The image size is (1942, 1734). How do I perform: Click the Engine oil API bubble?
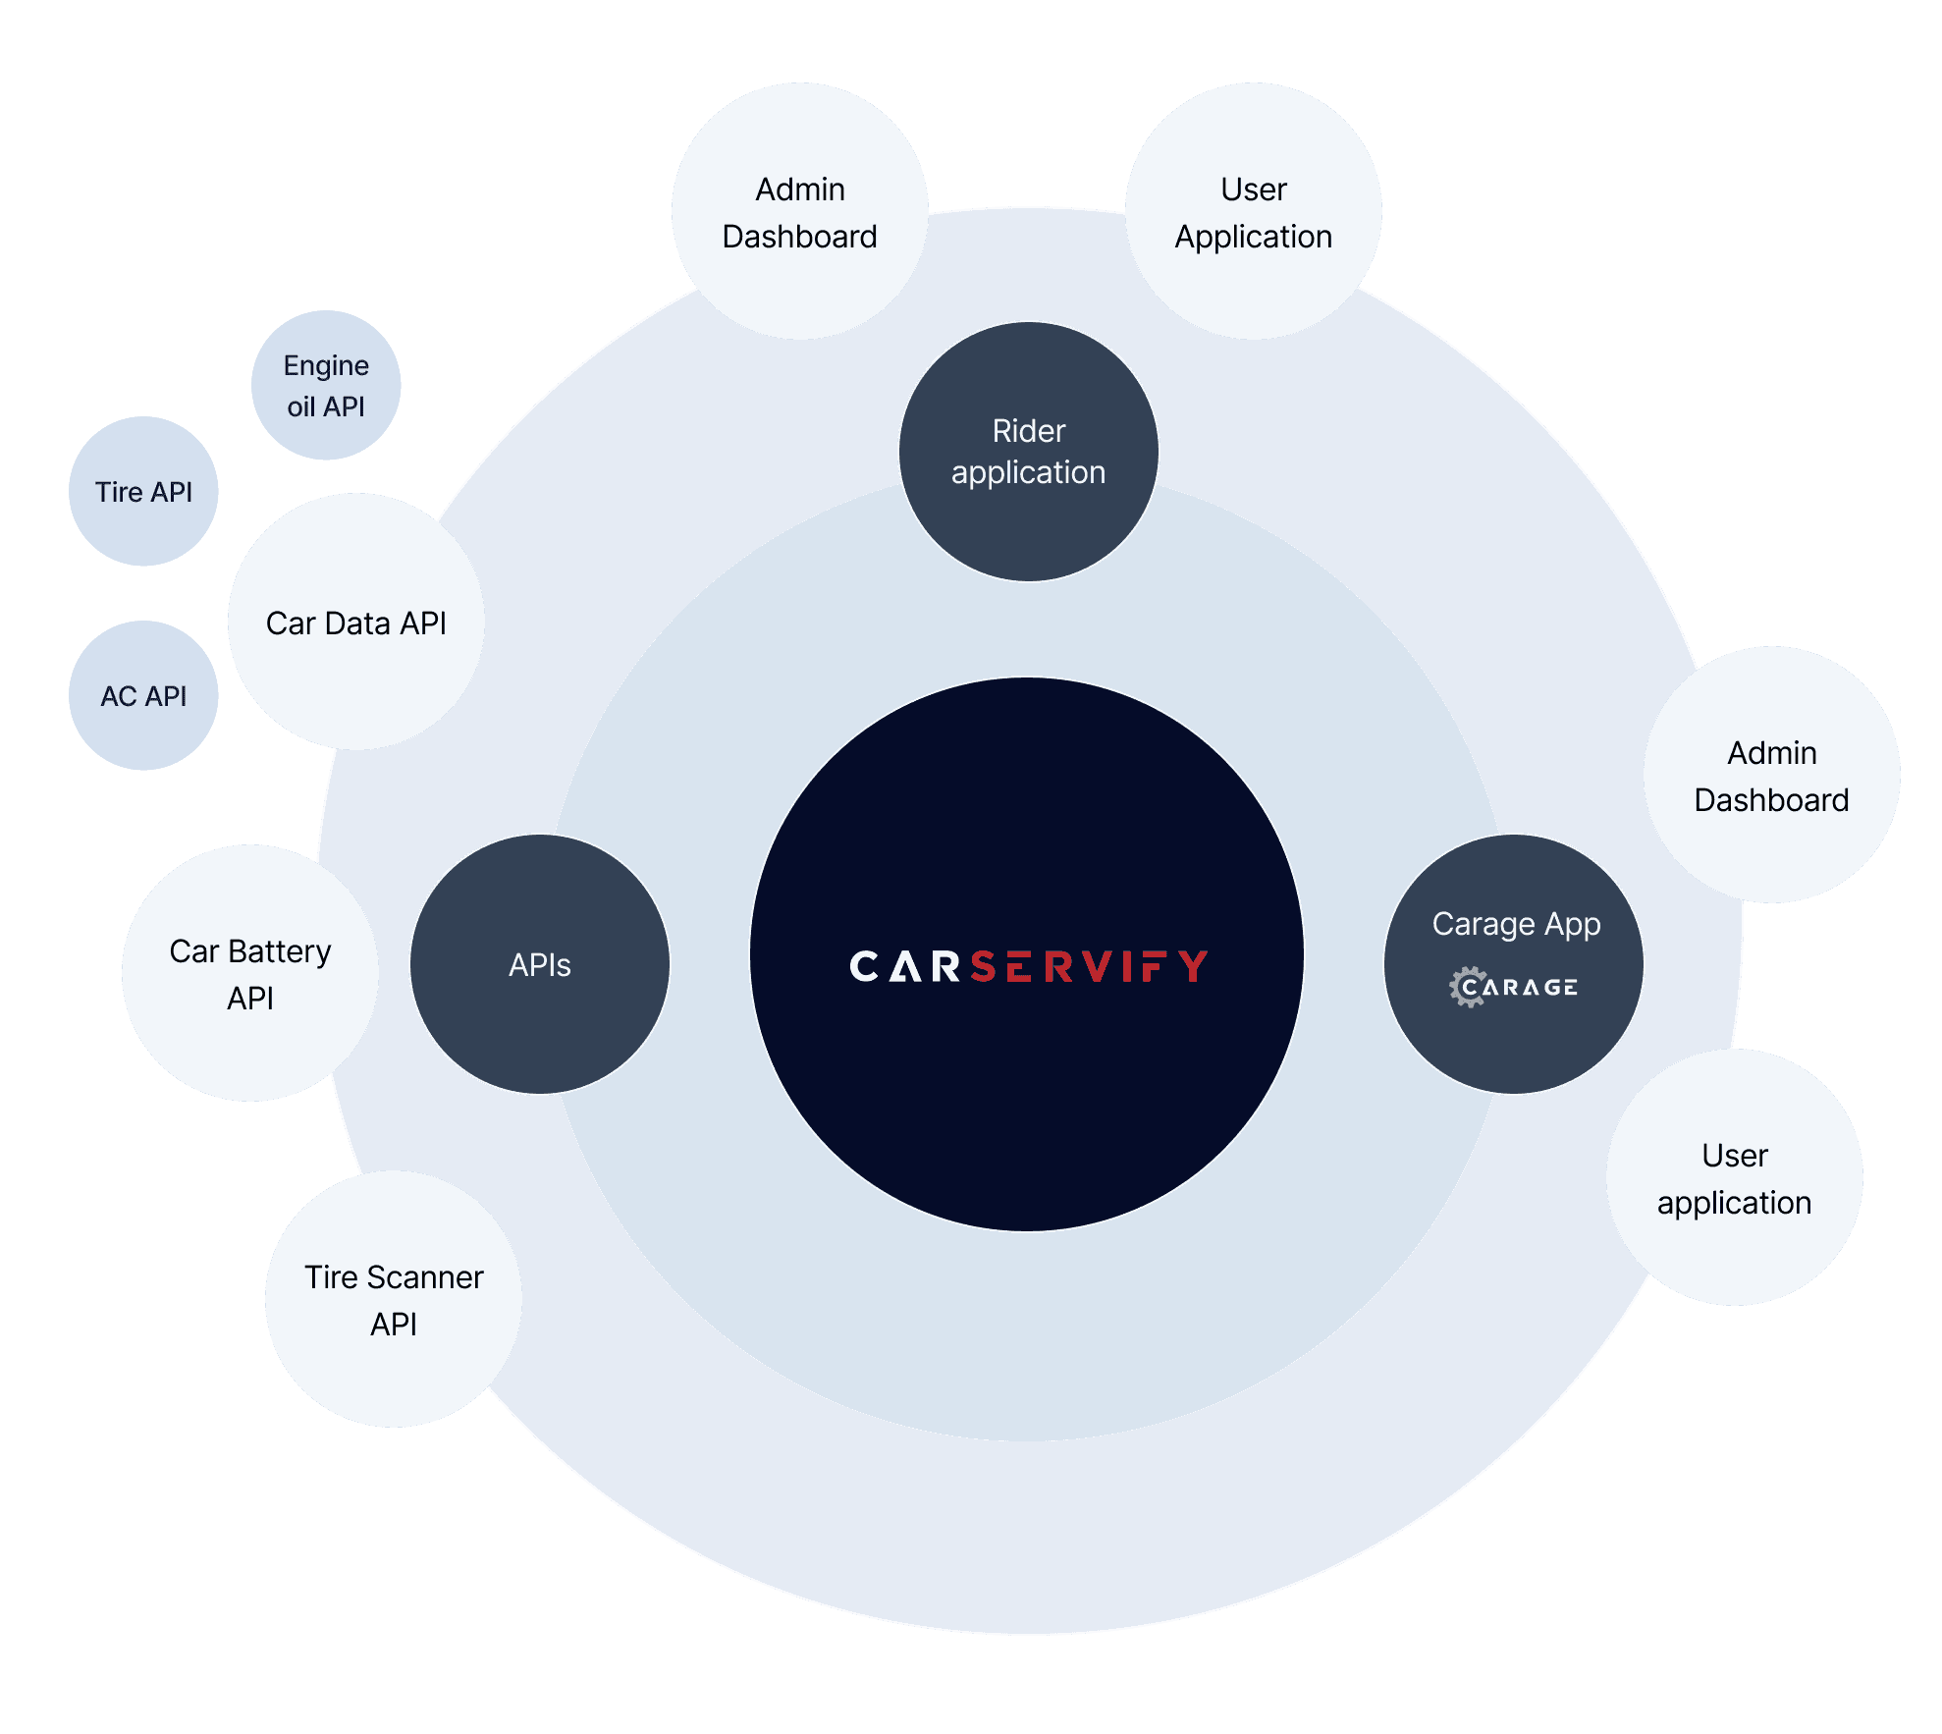(x=326, y=385)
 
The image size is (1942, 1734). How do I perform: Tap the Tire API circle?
(x=143, y=491)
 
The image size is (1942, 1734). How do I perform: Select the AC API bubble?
(x=143, y=695)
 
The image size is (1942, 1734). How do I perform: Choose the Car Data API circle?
(x=355, y=623)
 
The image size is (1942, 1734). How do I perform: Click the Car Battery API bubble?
(x=250, y=973)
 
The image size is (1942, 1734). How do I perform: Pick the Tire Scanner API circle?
(x=393, y=1299)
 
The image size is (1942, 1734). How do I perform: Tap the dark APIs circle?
(x=539, y=964)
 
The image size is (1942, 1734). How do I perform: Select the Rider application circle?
(x=1028, y=452)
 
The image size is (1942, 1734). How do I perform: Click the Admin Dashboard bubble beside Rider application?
(x=799, y=211)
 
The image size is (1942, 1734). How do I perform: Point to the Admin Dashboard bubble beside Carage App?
(x=1771, y=775)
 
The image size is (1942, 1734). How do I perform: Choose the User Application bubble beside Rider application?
(x=1253, y=211)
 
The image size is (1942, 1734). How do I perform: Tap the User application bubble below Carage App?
(x=1734, y=1177)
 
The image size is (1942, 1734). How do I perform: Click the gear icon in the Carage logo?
(x=1468, y=987)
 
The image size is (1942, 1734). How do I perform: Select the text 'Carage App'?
(x=1516, y=924)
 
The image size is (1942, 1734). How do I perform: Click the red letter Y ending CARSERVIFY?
(x=1194, y=966)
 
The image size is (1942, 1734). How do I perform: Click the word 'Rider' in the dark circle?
(x=1028, y=431)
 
